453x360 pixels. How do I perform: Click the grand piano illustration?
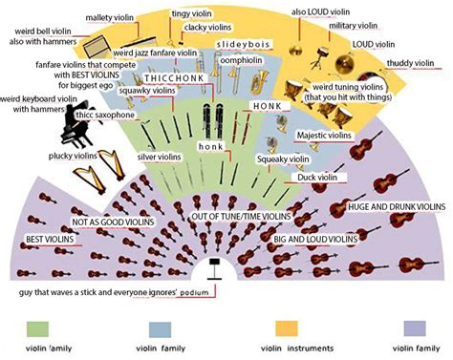tap(76, 126)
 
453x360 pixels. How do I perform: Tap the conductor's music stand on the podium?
tap(214, 269)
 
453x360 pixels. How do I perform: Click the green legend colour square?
tap(37, 329)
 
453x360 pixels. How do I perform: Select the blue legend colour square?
tap(160, 329)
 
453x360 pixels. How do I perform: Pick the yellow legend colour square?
tap(287, 328)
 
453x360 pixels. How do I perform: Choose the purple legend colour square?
tap(415, 328)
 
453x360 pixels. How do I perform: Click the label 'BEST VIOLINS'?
tap(50, 240)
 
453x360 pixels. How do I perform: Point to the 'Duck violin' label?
tap(317, 178)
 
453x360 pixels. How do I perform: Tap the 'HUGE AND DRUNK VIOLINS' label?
tap(397, 206)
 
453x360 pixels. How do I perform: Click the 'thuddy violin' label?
tap(410, 63)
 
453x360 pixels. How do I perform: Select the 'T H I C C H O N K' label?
tap(174, 78)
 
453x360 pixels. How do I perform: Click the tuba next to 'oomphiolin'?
tap(260, 82)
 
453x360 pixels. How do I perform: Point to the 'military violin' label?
tap(353, 26)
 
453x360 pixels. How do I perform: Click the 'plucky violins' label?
tap(73, 156)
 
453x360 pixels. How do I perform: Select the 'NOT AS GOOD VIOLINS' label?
tap(113, 222)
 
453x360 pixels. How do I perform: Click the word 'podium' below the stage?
tap(194, 292)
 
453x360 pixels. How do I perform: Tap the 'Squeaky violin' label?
tap(283, 159)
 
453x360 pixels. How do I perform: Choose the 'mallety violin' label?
tap(109, 17)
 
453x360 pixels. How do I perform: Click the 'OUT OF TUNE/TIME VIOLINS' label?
tap(241, 217)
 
